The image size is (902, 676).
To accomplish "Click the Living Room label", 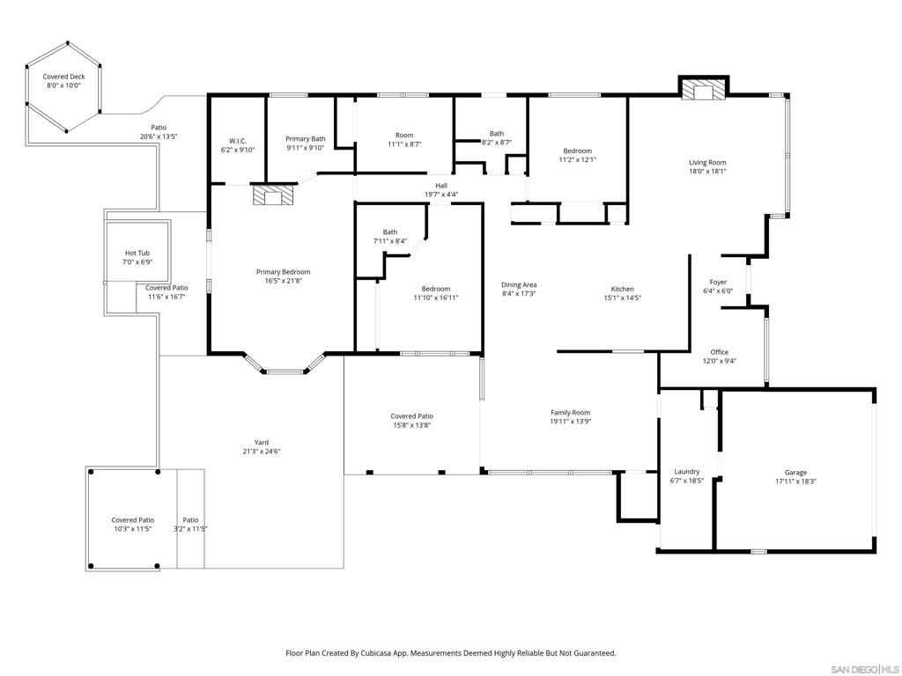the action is (x=707, y=163).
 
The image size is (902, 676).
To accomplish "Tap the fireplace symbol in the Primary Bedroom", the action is (x=274, y=195).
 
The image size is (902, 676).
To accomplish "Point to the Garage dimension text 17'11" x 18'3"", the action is (x=795, y=481).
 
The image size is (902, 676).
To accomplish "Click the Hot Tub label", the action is (x=137, y=253).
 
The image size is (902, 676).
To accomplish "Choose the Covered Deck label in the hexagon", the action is (x=63, y=77).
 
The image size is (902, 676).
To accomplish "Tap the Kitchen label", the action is (x=623, y=289).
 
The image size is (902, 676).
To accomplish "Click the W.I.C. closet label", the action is (x=238, y=141).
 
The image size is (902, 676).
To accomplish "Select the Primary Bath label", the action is (x=306, y=138).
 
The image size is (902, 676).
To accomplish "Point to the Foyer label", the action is (x=718, y=283).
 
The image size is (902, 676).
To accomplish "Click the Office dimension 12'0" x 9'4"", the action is (x=719, y=361).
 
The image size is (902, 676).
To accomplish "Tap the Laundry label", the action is (x=687, y=472).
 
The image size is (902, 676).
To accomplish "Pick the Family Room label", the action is (x=570, y=412).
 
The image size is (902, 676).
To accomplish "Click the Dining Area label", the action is (x=519, y=284).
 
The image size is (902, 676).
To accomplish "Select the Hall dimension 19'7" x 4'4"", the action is (x=441, y=195).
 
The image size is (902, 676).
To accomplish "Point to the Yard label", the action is (x=262, y=443).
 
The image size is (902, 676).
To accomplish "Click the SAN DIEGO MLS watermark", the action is (x=865, y=669).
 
